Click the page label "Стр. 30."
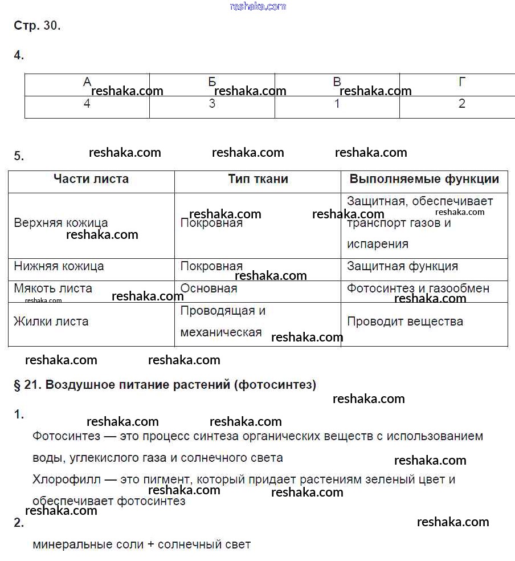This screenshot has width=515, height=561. click(x=36, y=26)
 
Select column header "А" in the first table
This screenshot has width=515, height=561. click(x=87, y=82)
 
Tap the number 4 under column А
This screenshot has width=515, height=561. click(x=87, y=104)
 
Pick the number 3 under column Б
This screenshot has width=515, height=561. click(x=212, y=104)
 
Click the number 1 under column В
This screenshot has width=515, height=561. click(x=337, y=104)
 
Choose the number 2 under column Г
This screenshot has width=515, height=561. click(x=462, y=104)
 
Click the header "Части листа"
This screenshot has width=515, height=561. click(x=91, y=179)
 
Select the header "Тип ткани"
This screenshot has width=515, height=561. click(x=258, y=179)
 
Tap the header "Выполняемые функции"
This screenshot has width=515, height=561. click(x=424, y=179)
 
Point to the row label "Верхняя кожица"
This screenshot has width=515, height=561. click(x=60, y=223)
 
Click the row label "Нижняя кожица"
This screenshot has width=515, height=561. click(x=59, y=266)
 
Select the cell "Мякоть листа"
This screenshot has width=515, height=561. click(x=53, y=288)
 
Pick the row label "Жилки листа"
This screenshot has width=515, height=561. click(x=51, y=322)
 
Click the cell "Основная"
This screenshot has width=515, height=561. click(x=209, y=288)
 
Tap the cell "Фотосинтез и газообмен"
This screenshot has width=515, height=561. click(x=418, y=288)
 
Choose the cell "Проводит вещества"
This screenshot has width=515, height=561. click(x=405, y=322)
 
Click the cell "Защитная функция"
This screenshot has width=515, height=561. click(x=402, y=266)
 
